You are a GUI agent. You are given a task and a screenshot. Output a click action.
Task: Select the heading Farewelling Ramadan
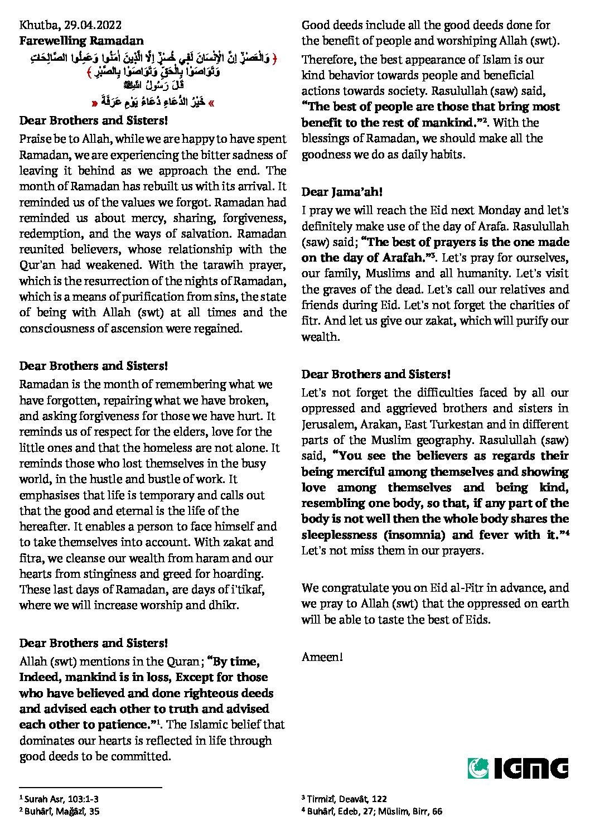point(81,41)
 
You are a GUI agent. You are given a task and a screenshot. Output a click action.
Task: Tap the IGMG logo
point(518,768)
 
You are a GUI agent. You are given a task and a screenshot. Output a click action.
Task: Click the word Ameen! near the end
point(322,657)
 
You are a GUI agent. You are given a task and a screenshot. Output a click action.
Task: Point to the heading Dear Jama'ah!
point(342,192)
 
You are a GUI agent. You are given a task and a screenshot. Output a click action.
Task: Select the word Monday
point(513,210)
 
